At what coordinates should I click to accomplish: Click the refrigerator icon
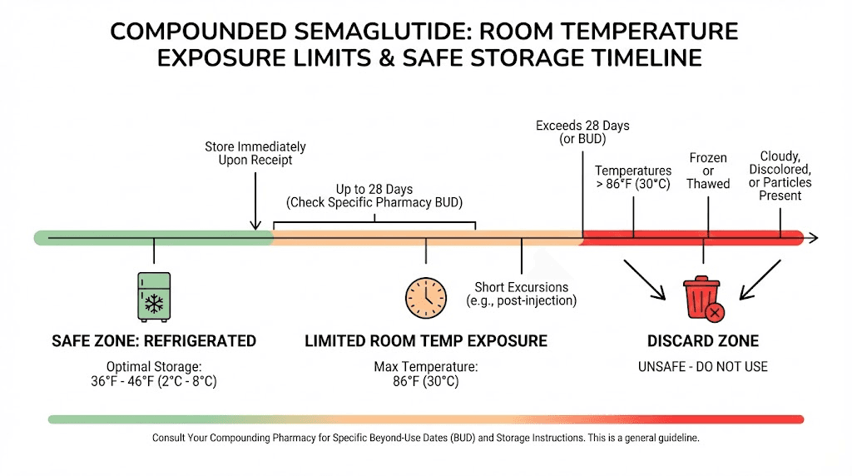coord(154,296)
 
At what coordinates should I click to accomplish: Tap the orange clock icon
coord(425,296)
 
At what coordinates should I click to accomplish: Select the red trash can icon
coord(701,298)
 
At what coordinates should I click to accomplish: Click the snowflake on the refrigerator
coord(154,302)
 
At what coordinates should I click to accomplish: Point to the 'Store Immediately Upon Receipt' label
coord(255,153)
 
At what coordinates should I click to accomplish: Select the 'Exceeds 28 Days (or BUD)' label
coord(582,132)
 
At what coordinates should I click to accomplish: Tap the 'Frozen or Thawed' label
coord(708,171)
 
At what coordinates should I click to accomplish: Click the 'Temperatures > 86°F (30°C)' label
coord(633,177)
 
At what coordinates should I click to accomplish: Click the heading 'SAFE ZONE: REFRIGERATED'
coord(154,341)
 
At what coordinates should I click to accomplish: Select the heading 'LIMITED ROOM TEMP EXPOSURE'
coord(425,341)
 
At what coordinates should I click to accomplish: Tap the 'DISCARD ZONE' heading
coord(703,341)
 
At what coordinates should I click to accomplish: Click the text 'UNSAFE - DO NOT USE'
coord(703,366)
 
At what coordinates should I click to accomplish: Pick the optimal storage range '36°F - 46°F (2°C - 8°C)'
coord(154,382)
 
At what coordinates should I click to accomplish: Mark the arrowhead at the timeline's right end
coord(812,238)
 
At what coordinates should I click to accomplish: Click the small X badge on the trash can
coord(713,313)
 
